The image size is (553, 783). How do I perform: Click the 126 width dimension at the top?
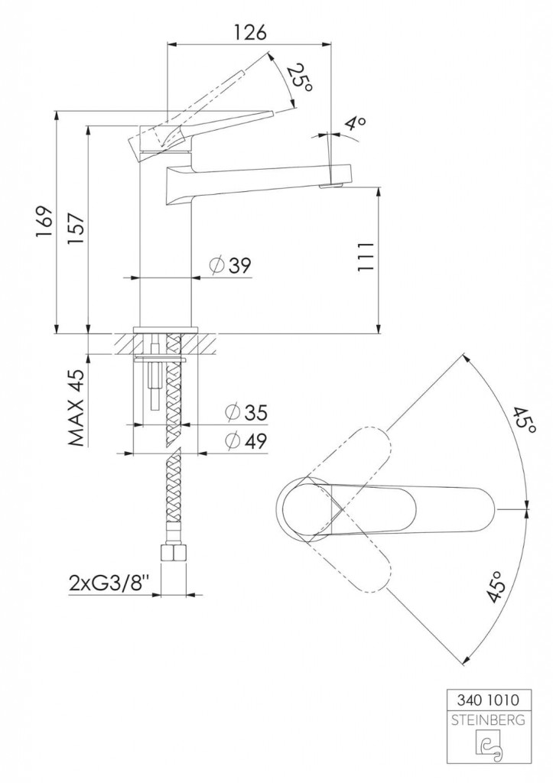click(250, 33)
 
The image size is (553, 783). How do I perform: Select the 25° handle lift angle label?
click(301, 77)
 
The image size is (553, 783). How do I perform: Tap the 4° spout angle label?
click(356, 123)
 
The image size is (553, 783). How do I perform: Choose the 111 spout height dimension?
click(366, 257)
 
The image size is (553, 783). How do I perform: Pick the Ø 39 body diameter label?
click(230, 265)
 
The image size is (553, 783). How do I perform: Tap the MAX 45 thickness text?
click(76, 408)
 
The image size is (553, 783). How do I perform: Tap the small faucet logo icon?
click(488, 748)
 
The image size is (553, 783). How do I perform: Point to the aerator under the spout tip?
click(330, 187)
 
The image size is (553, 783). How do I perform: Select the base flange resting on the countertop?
click(166, 329)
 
